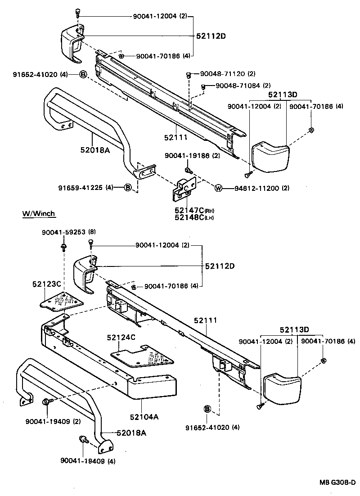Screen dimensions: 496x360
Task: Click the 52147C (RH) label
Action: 189,210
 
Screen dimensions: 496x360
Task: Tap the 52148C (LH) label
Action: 189,218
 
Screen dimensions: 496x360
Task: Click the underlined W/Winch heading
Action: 39,213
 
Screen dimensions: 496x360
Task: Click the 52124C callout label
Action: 121,337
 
